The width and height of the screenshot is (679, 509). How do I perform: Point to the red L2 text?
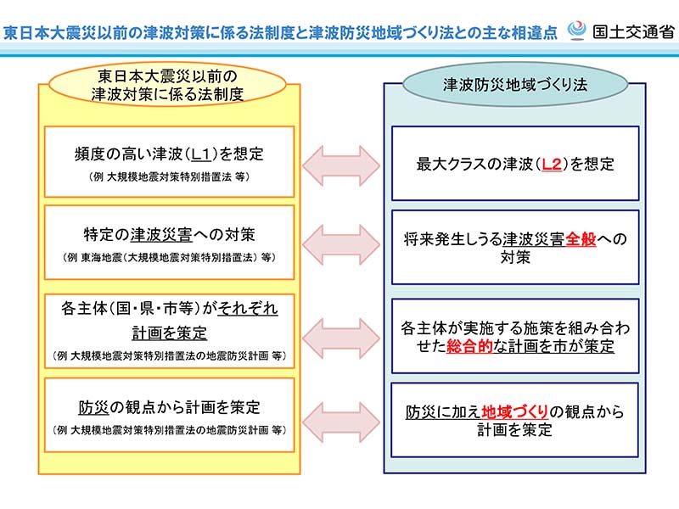click(551, 164)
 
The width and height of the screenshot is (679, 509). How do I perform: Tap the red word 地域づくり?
click(513, 412)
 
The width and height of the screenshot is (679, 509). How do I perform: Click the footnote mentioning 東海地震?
click(170, 255)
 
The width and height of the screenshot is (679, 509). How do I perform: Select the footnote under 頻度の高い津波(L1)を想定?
click(170, 177)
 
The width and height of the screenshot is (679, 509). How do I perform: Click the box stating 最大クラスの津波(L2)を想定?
click(515, 164)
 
